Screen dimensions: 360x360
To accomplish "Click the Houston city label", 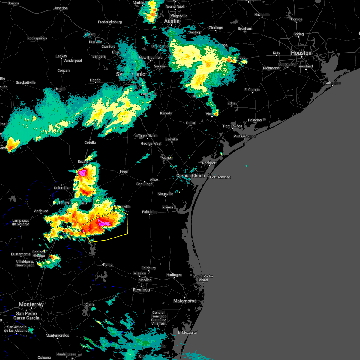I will click(x=301, y=53).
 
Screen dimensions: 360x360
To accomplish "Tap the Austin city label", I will click(x=172, y=21).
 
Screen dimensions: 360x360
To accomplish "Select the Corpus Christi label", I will click(x=190, y=175).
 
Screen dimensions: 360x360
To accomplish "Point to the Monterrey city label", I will click(x=31, y=304).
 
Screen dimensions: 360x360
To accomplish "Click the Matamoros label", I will click(x=185, y=301).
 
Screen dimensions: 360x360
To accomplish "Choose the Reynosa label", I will click(x=141, y=290).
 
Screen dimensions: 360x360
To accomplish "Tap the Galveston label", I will click(x=332, y=83).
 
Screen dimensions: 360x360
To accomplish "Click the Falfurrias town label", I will click(x=150, y=212).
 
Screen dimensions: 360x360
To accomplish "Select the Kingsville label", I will click(x=165, y=194).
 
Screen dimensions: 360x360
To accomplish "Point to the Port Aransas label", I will click(x=220, y=177).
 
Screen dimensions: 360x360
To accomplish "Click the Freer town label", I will click(x=124, y=171).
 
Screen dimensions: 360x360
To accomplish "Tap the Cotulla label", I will click(x=90, y=142).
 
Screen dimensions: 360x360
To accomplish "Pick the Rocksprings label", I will click(x=37, y=38).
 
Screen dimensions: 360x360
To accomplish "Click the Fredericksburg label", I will click(x=110, y=22).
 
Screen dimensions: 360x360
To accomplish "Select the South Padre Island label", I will click(x=203, y=278).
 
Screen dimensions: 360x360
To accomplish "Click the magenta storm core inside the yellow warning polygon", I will click(x=104, y=223).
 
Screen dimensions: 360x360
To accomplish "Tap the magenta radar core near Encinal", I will click(x=82, y=172).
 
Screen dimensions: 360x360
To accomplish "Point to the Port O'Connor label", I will click(x=244, y=136).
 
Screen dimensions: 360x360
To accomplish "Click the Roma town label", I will click(x=108, y=265).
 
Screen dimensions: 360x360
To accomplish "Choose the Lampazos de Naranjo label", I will click(x=21, y=222).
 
